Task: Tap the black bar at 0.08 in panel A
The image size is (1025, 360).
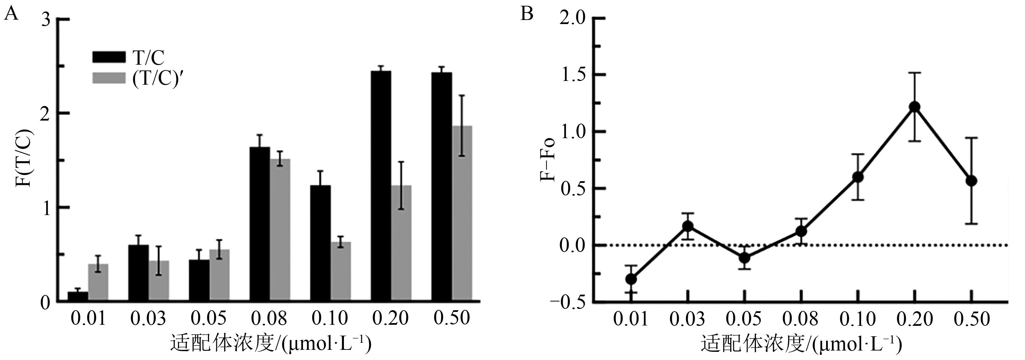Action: point(260,225)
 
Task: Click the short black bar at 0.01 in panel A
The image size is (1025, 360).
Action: point(78,297)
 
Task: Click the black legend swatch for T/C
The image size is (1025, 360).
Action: point(108,57)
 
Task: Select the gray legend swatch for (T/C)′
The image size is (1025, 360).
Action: point(108,78)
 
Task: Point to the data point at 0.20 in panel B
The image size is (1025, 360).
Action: point(915,107)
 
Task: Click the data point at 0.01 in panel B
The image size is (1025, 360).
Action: point(631,279)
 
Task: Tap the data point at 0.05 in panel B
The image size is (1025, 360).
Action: point(744,258)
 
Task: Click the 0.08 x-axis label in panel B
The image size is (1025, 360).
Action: point(801,319)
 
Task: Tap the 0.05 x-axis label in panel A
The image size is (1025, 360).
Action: point(208,319)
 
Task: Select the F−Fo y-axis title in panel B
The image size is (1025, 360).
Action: point(548,158)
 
